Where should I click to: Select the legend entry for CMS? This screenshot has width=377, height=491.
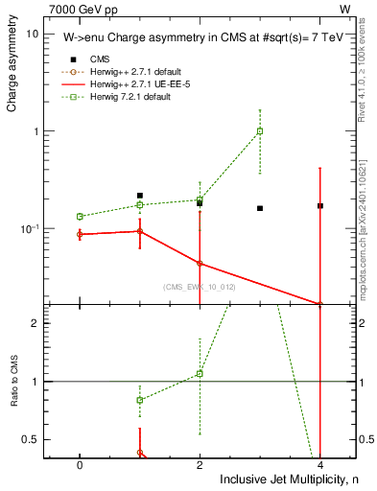(x=100, y=58)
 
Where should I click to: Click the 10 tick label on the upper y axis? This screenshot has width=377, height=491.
(x=32, y=34)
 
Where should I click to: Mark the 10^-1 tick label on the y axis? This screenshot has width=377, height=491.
(x=29, y=228)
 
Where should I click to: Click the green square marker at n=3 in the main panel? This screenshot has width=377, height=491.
(x=260, y=131)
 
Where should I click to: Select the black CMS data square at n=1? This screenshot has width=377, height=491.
(x=140, y=196)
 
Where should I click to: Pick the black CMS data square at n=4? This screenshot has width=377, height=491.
(x=319, y=205)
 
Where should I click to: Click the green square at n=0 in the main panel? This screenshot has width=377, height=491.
(x=80, y=217)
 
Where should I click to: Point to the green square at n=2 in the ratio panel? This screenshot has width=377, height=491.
(x=200, y=373)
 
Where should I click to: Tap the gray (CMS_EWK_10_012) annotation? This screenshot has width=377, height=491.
(x=199, y=286)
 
